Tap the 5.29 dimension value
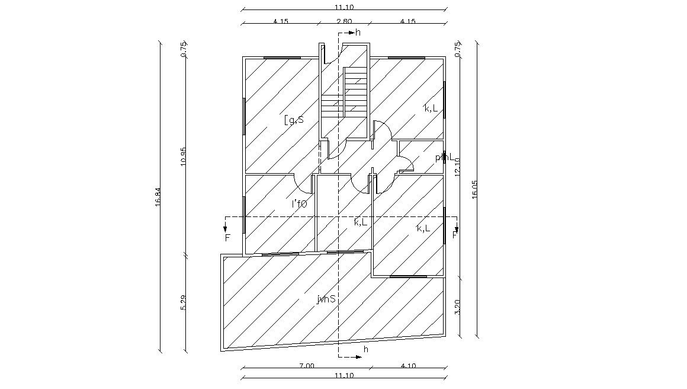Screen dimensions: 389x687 pos(184,302)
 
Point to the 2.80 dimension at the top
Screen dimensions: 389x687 pos(344,21)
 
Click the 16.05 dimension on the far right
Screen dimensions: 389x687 pos(474,193)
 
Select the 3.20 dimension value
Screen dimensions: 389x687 pos(457,307)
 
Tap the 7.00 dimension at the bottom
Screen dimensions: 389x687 pos(306,366)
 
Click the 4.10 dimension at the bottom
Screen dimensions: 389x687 pos(408,366)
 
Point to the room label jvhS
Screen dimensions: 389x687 pos(326,299)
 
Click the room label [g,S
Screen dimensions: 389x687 pos(294,120)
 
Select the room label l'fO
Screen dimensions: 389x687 pos(299,205)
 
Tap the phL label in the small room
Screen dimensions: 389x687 pos(444,158)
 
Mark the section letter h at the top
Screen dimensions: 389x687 pos(358,33)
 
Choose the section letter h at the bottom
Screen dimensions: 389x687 pos(365,350)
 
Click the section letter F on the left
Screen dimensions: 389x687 pos(227,238)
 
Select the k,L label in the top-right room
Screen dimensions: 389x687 pos(431,108)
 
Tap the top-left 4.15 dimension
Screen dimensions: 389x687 pos(280,21)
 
